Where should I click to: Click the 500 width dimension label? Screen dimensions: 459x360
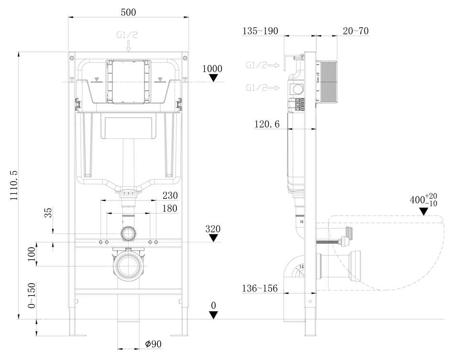[128, 12]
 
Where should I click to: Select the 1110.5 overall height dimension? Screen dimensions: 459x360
[14, 185]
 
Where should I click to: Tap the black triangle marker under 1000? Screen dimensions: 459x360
[214, 77]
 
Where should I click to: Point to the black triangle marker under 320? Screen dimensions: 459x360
[214, 238]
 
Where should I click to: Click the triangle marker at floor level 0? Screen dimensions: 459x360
[214, 315]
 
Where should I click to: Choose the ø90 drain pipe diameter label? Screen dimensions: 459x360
[153, 344]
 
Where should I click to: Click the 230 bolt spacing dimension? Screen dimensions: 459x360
[170, 195]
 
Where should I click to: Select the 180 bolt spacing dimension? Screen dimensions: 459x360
[170, 208]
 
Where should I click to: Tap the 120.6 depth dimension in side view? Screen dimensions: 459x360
[267, 124]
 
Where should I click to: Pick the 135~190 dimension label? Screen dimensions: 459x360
[260, 31]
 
